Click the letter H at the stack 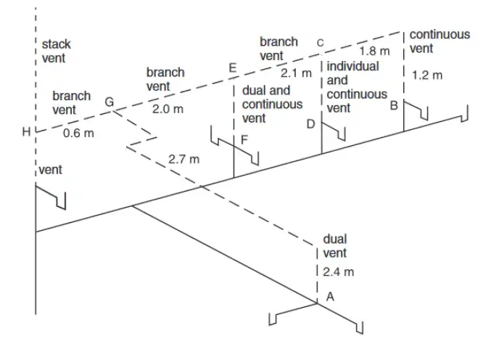[x=26, y=132]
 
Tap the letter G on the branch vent [x=110, y=102]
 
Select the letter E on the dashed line [x=233, y=67]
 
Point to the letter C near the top [x=320, y=43]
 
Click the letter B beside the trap [x=394, y=105]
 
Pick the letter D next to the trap [x=310, y=124]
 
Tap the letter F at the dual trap [x=244, y=139]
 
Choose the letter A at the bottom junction [x=330, y=296]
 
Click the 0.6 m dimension [x=78, y=133]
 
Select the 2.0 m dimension [x=168, y=109]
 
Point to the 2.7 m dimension [x=183, y=159]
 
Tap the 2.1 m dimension [x=296, y=73]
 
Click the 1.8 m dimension [x=374, y=51]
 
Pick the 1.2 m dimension [x=427, y=75]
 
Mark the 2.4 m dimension [x=339, y=271]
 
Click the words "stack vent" [x=57, y=51]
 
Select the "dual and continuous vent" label [x=273, y=105]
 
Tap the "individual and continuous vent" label [x=357, y=87]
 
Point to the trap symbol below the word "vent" [x=51, y=196]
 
